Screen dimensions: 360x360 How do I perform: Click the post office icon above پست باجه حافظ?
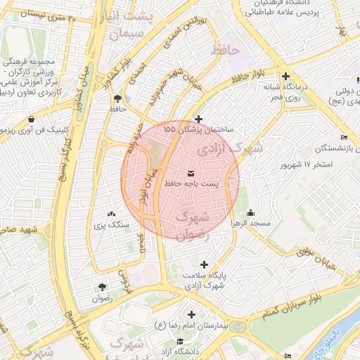[192, 173]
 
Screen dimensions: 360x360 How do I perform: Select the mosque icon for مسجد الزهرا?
[251, 212]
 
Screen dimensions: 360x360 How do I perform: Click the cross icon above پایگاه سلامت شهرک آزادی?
[204, 265]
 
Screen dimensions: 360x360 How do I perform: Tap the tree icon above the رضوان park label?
[103, 287]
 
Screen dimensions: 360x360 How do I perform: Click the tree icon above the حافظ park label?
[117, 98]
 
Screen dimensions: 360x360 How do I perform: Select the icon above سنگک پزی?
[111, 214]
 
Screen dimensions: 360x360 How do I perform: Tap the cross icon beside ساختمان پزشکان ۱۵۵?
[199, 119]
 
